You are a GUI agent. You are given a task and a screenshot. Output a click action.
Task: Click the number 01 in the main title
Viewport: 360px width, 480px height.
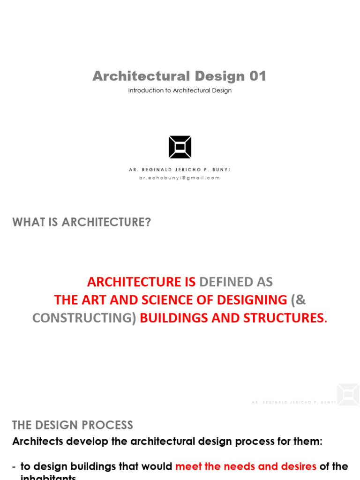point(257,76)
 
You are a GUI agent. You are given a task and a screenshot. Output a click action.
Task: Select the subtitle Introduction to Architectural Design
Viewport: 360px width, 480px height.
point(180,90)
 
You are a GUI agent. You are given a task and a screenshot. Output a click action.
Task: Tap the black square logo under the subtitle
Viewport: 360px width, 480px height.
point(180,147)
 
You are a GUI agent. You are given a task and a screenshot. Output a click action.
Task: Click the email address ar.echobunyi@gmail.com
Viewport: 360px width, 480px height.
point(180,178)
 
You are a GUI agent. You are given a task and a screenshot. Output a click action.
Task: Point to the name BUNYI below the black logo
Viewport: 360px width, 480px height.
point(221,170)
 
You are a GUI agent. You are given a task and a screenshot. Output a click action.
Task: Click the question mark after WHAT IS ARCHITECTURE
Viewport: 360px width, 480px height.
point(148,222)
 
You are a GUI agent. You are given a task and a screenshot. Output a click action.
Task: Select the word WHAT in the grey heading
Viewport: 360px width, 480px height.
point(28,222)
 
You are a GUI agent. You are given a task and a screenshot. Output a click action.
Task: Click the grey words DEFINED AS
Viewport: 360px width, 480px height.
point(236,282)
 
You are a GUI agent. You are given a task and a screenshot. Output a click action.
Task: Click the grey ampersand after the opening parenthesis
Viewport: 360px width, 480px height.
point(300,300)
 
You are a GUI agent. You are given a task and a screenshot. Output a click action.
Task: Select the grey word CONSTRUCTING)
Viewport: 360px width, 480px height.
point(84,318)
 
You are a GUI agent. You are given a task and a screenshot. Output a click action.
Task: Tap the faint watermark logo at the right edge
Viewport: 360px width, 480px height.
point(348,395)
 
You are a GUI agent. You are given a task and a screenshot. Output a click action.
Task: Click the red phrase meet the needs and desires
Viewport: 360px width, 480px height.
point(246,466)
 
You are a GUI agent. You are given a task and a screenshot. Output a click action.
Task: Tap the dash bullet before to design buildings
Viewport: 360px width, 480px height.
point(14,467)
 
